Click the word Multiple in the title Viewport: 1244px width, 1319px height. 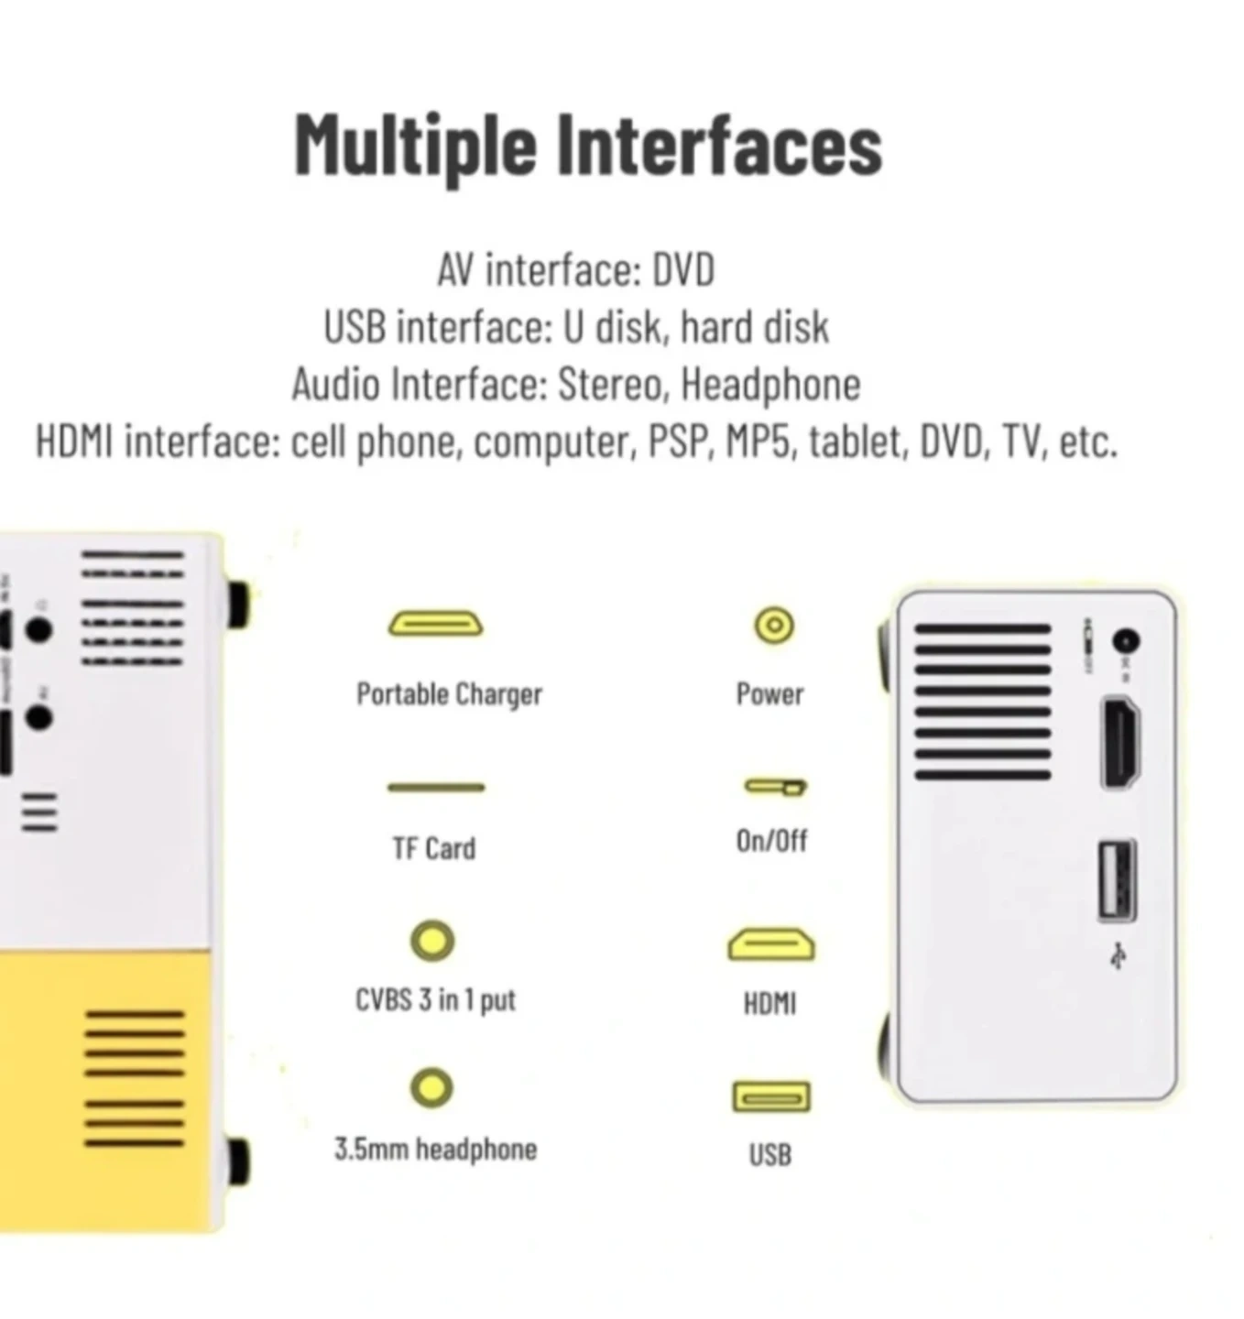(415, 148)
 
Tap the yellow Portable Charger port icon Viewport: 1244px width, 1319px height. (436, 624)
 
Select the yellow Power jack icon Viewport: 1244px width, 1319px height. (773, 625)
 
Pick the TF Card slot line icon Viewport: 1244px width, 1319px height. (436, 788)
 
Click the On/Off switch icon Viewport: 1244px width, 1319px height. (775, 787)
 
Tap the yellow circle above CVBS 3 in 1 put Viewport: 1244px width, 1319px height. (432, 941)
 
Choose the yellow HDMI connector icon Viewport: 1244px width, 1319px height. (770, 944)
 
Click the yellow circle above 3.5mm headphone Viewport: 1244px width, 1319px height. (432, 1088)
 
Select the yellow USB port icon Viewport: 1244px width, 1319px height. (771, 1096)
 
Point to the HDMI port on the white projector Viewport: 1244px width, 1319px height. (1121, 742)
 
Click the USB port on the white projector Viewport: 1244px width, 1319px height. (1117, 880)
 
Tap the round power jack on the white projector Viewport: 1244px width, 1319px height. (1125, 641)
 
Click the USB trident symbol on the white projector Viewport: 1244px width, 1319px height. (1119, 955)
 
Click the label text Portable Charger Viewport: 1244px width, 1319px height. (449, 694)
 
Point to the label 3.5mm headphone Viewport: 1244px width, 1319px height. (435, 1150)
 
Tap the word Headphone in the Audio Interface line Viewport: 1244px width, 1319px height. (770, 386)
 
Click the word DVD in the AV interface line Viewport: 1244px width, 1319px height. (682, 269)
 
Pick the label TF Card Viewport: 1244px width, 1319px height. (434, 849)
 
